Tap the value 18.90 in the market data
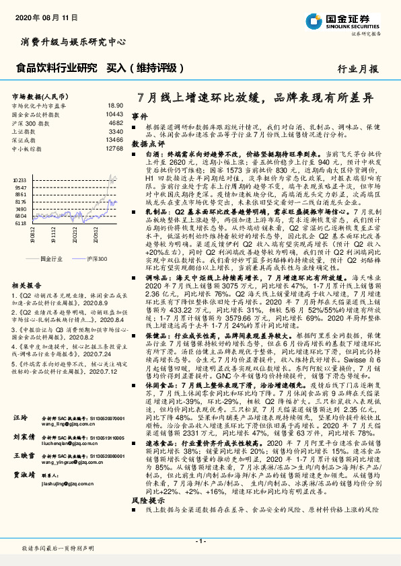116,106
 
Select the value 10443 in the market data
114,115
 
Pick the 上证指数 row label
24,132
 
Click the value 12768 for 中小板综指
114,149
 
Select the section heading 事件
139,116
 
